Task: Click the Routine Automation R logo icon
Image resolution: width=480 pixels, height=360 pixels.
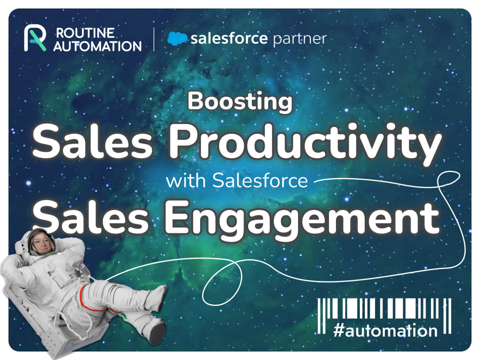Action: click(x=35, y=39)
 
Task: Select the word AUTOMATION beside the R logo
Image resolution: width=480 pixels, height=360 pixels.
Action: click(x=97, y=46)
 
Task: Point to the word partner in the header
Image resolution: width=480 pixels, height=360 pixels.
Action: click(x=300, y=39)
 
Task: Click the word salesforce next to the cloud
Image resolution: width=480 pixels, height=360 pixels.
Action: click(x=229, y=39)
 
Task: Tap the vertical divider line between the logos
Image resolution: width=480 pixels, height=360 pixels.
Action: click(x=154, y=39)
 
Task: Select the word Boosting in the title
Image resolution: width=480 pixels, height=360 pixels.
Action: click(x=240, y=102)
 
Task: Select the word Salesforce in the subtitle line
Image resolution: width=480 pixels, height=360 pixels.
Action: click(x=260, y=181)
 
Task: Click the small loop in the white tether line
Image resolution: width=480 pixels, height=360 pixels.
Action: click(x=222, y=283)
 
